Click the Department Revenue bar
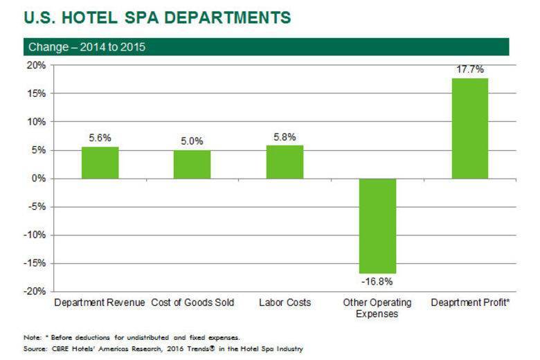point(100,163)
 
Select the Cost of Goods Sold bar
point(192,164)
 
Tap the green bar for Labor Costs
point(285,162)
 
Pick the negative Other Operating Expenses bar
point(377,226)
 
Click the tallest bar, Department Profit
point(469,128)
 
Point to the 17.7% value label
point(469,70)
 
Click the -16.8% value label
point(377,282)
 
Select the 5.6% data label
point(100,138)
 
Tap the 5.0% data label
point(192,141)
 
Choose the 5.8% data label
point(285,137)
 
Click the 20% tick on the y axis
point(37,65)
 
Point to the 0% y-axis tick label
point(39,179)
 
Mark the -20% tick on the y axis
point(35,291)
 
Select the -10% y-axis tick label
point(35,235)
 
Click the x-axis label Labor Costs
point(285,303)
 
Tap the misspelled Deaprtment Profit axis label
point(470,303)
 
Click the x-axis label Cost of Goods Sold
point(192,303)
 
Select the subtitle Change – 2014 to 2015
point(87,47)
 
